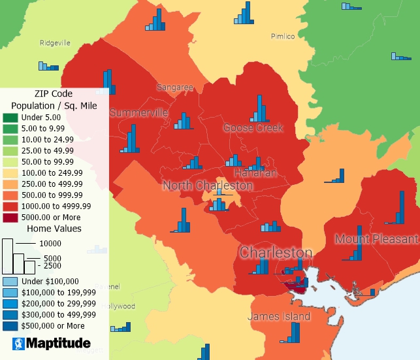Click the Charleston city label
[x=276, y=252]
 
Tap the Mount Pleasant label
[x=376, y=238]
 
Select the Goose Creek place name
[x=253, y=127]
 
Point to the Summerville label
[x=138, y=113]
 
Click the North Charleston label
[x=207, y=186]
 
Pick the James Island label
[x=279, y=316]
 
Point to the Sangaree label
[x=174, y=87]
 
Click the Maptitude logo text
[x=59, y=342]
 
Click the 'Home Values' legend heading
[x=54, y=229]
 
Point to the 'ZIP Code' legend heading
[x=54, y=93]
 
